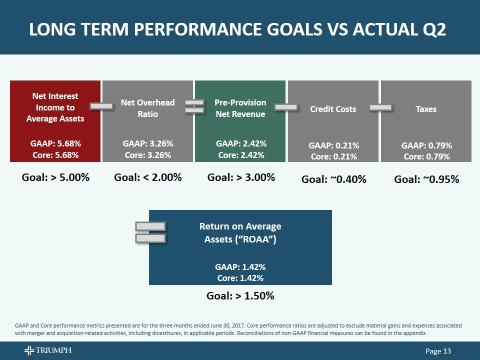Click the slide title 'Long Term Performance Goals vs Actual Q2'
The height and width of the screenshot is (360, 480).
tap(237, 30)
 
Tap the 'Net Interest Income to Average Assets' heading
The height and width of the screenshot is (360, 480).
tap(55, 107)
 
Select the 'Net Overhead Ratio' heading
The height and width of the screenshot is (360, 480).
tap(148, 108)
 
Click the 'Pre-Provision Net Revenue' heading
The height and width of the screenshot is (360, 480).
tap(240, 108)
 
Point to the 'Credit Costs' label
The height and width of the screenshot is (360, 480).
tap(333, 108)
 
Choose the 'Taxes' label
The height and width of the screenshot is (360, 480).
tap(426, 108)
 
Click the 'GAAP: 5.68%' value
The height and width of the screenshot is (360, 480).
tap(55, 143)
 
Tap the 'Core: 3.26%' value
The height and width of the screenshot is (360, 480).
tap(148, 155)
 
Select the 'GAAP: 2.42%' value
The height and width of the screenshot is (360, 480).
tap(241, 143)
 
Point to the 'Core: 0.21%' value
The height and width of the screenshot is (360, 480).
tap(333, 156)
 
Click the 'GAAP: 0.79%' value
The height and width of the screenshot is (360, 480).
tap(426, 145)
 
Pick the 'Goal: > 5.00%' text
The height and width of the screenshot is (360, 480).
tap(55, 177)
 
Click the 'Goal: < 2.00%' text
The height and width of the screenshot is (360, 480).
tap(148, 177)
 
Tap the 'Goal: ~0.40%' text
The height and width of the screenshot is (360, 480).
tap(333, 179)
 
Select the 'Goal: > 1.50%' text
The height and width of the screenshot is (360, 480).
tap(240, 295)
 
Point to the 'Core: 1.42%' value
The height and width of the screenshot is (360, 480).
tap(240, 278)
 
